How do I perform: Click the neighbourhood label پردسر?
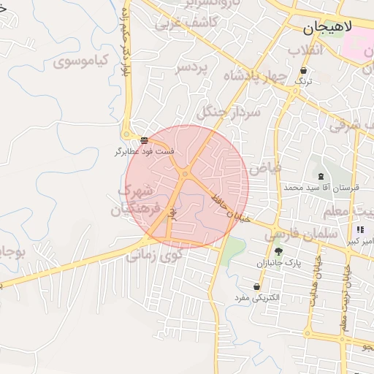(x=191, y=67)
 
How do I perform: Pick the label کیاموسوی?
(x=81, y=61)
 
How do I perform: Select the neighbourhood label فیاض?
(x=264, y=168)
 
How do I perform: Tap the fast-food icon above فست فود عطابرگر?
(x=144, y=140)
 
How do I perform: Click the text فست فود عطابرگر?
(x=144, y=152)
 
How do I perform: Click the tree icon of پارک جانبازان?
(x=278, y=251)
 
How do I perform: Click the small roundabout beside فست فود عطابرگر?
(x=126, y=134)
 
